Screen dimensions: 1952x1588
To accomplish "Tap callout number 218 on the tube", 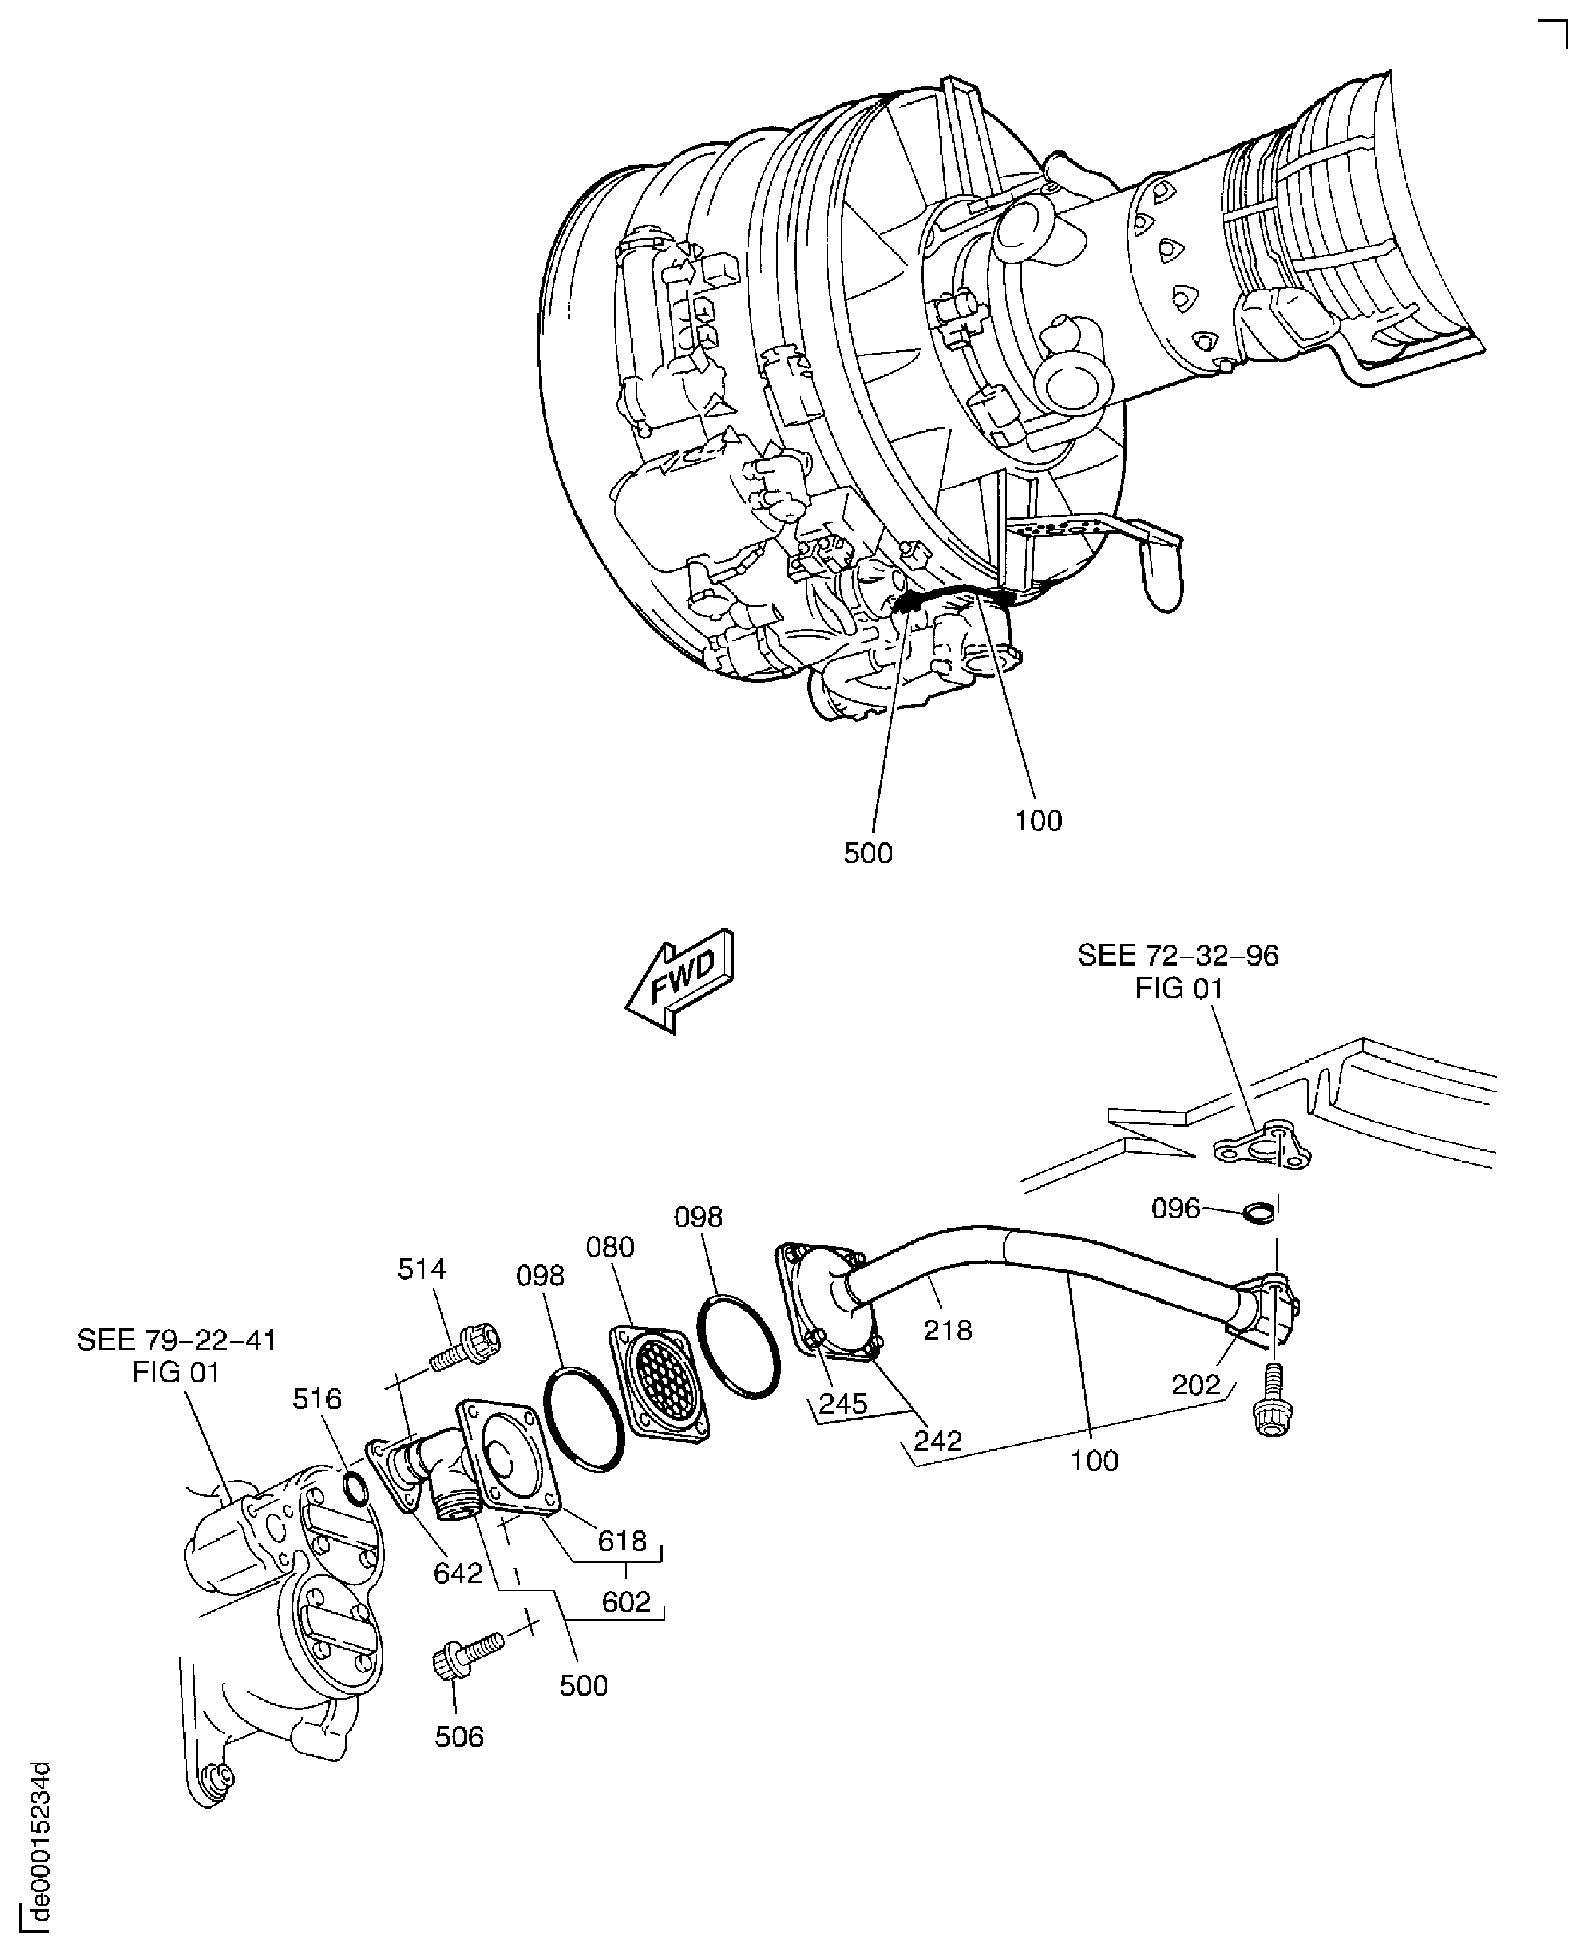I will tap(948, 1330).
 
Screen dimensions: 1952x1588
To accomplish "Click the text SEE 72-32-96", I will tap(1178, 955).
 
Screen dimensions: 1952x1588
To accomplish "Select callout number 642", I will tap(458, 1573).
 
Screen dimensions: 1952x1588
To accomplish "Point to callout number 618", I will tap(622, 1541).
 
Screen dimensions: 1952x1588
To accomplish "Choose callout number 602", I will tap(627, 1601).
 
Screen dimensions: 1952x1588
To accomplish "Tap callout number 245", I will tap(842, 1404).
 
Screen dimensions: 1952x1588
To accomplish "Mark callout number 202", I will tap(1196, 1385).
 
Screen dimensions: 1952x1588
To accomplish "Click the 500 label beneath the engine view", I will tap(867, 854).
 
